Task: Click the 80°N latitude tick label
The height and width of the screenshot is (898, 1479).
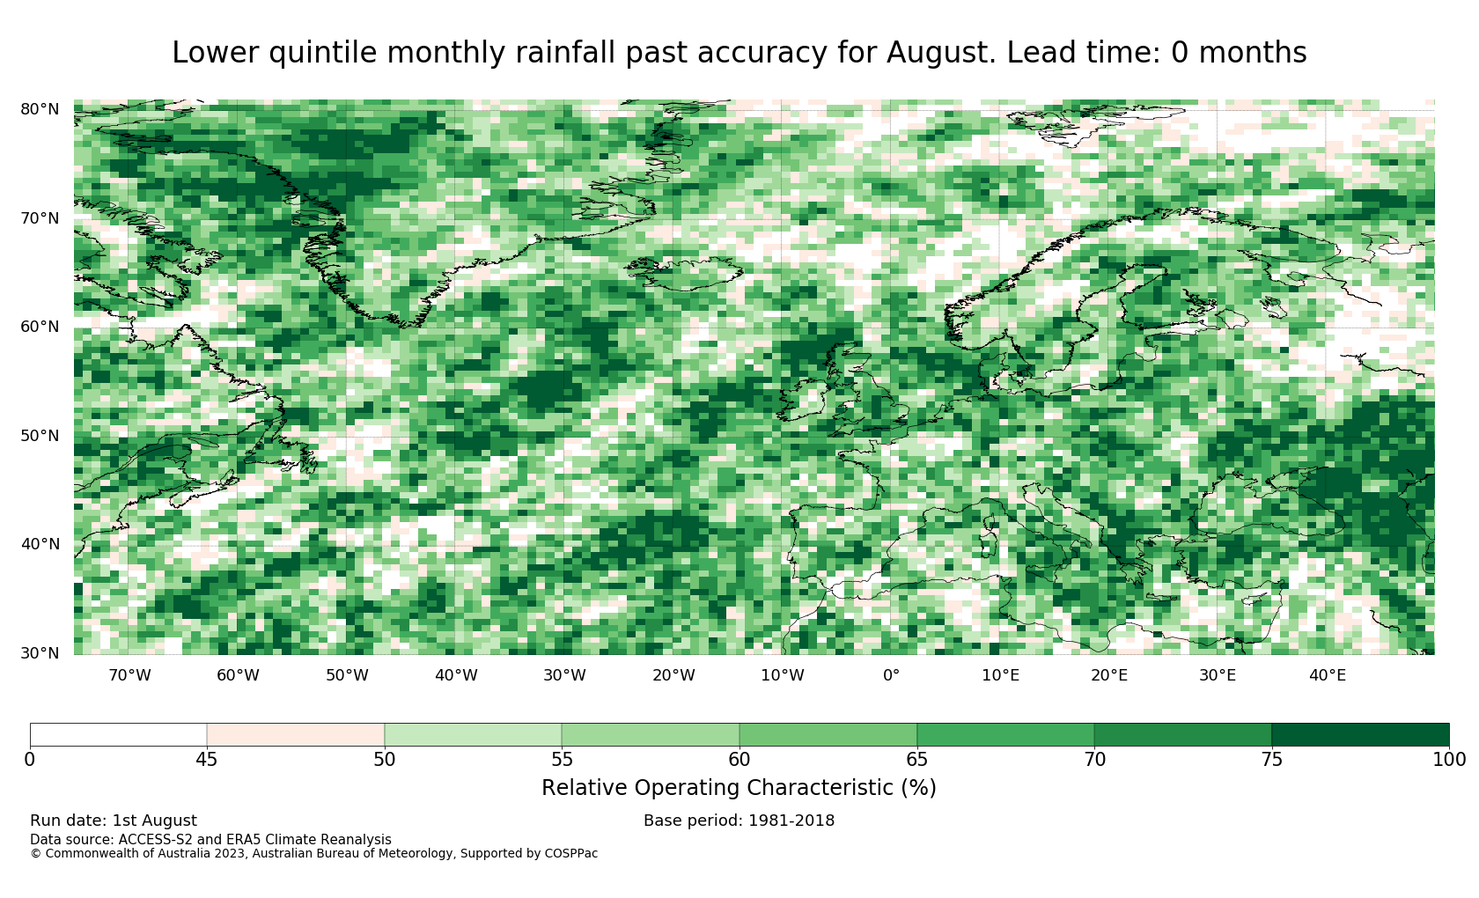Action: [x=40, y=109]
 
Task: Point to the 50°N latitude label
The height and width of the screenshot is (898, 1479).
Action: [x=40, y=436]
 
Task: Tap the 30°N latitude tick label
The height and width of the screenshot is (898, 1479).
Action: [x=40, y=653]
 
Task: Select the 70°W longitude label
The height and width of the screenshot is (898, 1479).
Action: [x=129, y=675]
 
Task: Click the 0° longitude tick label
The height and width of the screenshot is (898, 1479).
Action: [x=891, y=675]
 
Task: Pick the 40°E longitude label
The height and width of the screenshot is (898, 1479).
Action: [x=1328, y=675]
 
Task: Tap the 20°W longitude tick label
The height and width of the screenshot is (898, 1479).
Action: [x=673, y=675]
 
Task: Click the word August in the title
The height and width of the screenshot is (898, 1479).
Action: [x=941, y=54]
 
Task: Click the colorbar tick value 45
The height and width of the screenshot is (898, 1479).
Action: [x=207, y=760]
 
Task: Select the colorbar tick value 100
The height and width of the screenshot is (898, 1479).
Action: [x=1449, y=760]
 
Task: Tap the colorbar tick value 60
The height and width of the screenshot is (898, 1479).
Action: [x=739, y=760]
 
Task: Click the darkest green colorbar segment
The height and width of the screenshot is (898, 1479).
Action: [x=1360, y=735]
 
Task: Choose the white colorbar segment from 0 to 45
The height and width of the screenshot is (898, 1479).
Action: [x=118, y=735]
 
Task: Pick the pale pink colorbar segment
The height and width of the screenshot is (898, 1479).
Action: [x=296, y=735]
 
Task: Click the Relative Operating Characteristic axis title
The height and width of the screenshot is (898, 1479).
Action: [x=739, y=788]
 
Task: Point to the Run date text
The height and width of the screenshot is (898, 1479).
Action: [x=114, y=821]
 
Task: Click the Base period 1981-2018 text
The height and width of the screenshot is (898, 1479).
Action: [x=739, y=821]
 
